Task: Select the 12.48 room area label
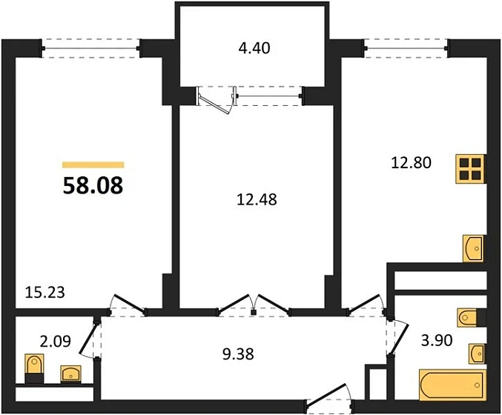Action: pos(253,198)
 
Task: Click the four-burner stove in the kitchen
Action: pos(470,169)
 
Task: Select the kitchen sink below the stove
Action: pos(474,248)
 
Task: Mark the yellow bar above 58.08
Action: pos(93,165)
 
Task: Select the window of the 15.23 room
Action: pos(91,47)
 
